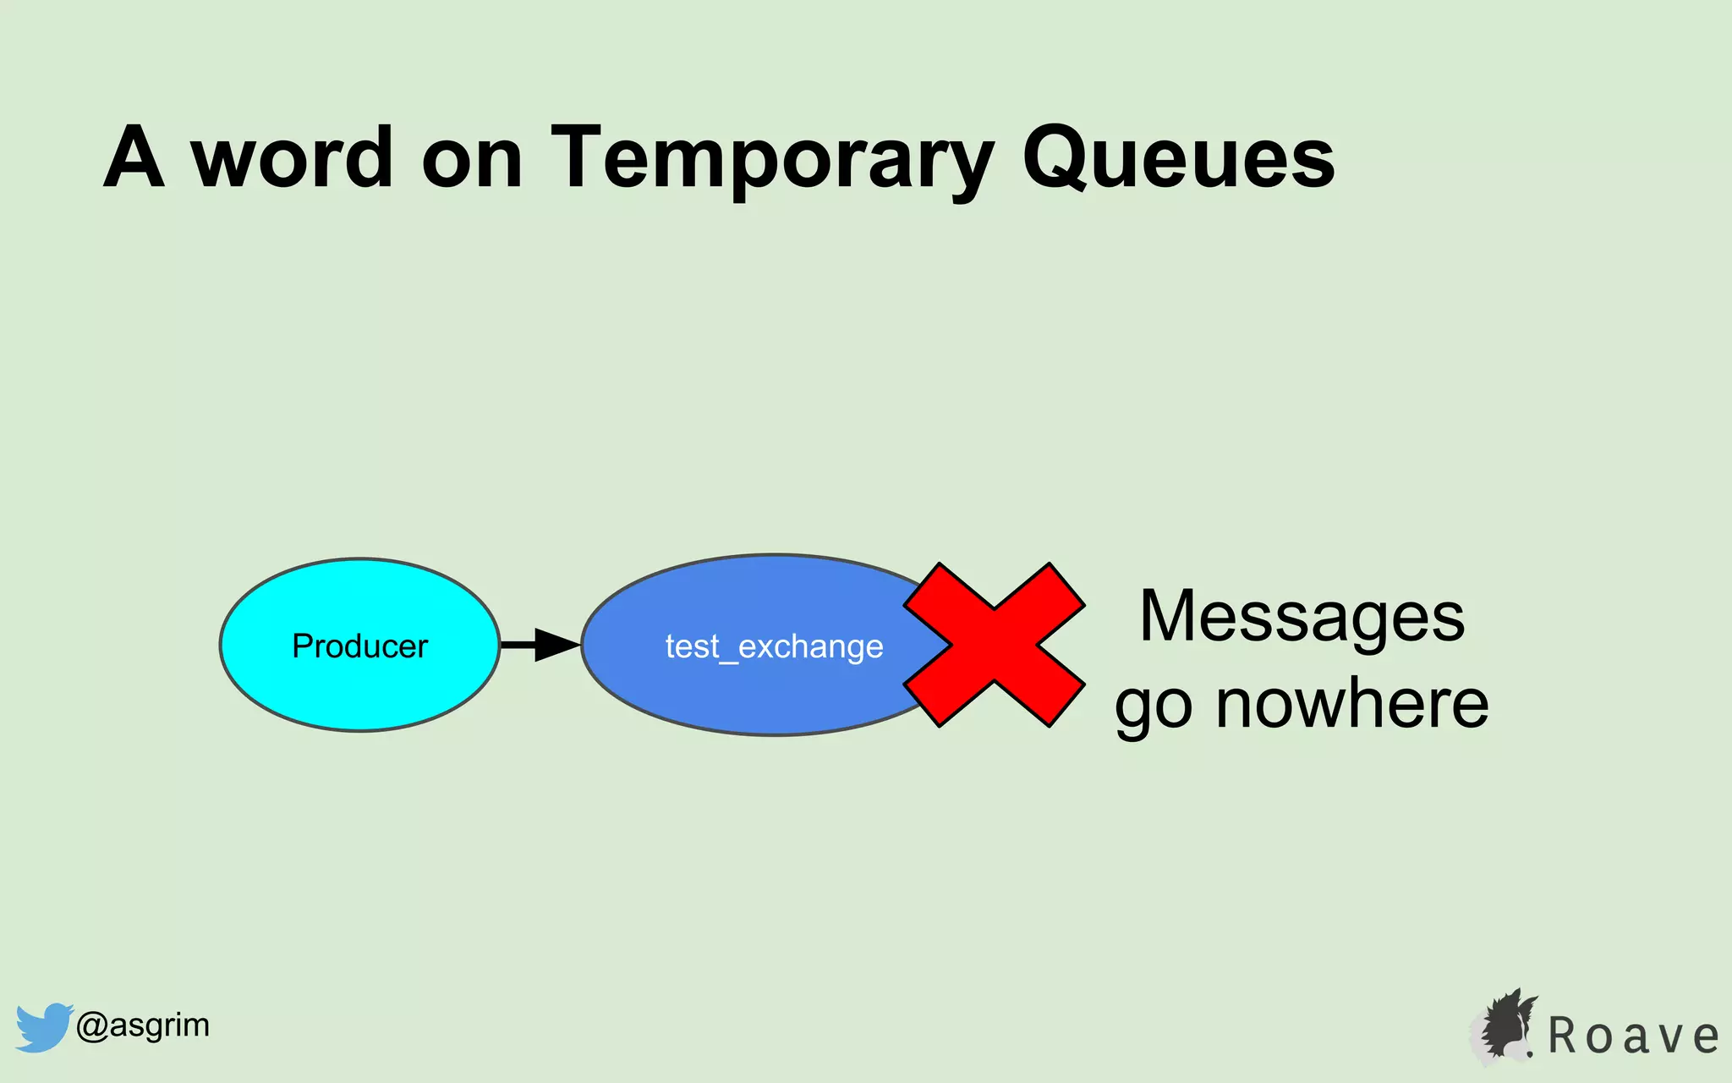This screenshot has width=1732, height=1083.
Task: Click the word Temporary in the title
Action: pyautogui.click(x=771, y=158)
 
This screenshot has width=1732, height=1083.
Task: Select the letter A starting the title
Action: pyautogui.click(x=134, y=158)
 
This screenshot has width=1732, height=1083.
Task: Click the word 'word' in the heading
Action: pyautogui.click(x=293, y=158)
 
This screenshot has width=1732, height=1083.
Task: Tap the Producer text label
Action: pyautogui.click(x=359, y=646)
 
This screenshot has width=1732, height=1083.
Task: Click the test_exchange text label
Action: pyautogui.click(x=774, y=647)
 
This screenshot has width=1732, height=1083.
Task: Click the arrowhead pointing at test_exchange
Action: pyautogui.click(x=556, y=645)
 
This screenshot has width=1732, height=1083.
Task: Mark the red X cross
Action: pyautogui.click(x=994, y=645)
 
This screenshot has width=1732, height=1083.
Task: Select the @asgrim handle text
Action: pyautogui.click(x=142, y=1025)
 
